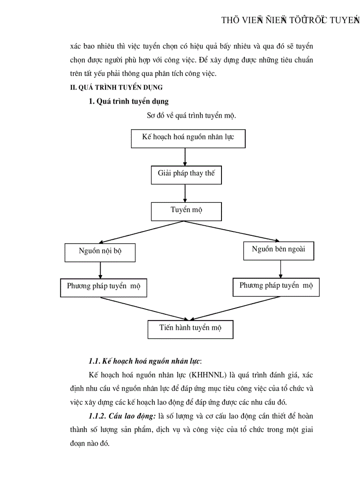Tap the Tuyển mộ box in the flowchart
point(186,211)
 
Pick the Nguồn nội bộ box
point(100,252)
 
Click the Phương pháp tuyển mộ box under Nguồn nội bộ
point(103,287)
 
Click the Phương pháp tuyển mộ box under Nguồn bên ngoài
point(276,287)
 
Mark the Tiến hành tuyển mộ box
point(190,329)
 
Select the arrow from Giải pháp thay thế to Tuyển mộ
point(185,193)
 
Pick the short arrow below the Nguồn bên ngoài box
point(280,268)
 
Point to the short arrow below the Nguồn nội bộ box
point(101,270)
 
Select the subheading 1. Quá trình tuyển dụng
point(128,102)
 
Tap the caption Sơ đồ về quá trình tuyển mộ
point(191,116)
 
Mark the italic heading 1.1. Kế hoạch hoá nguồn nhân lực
point(145,362)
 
